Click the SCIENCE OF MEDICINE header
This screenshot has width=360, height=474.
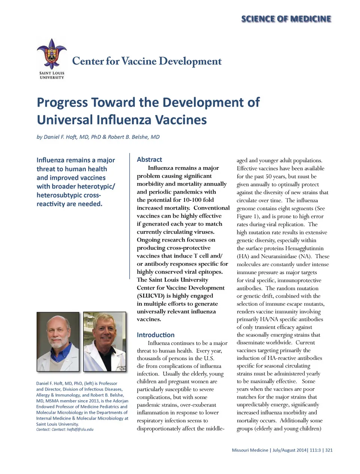point(286,19)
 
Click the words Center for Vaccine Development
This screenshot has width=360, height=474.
point(147,61)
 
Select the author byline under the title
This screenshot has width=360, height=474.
point(98,137)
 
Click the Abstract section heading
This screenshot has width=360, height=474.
point(149,160)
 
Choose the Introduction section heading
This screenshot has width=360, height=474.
point(155,335)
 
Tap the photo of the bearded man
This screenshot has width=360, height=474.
point(58,342)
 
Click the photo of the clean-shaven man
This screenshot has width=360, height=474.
point(105,342)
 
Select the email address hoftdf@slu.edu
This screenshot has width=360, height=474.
point(80,429)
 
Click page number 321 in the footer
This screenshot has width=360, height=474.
point(329,450)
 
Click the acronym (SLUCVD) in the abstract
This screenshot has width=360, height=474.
point(151,296)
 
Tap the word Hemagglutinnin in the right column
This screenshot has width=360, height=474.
point(304,248)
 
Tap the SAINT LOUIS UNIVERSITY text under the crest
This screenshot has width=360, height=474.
point(52,75)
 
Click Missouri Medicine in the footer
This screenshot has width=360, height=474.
point(250,450)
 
